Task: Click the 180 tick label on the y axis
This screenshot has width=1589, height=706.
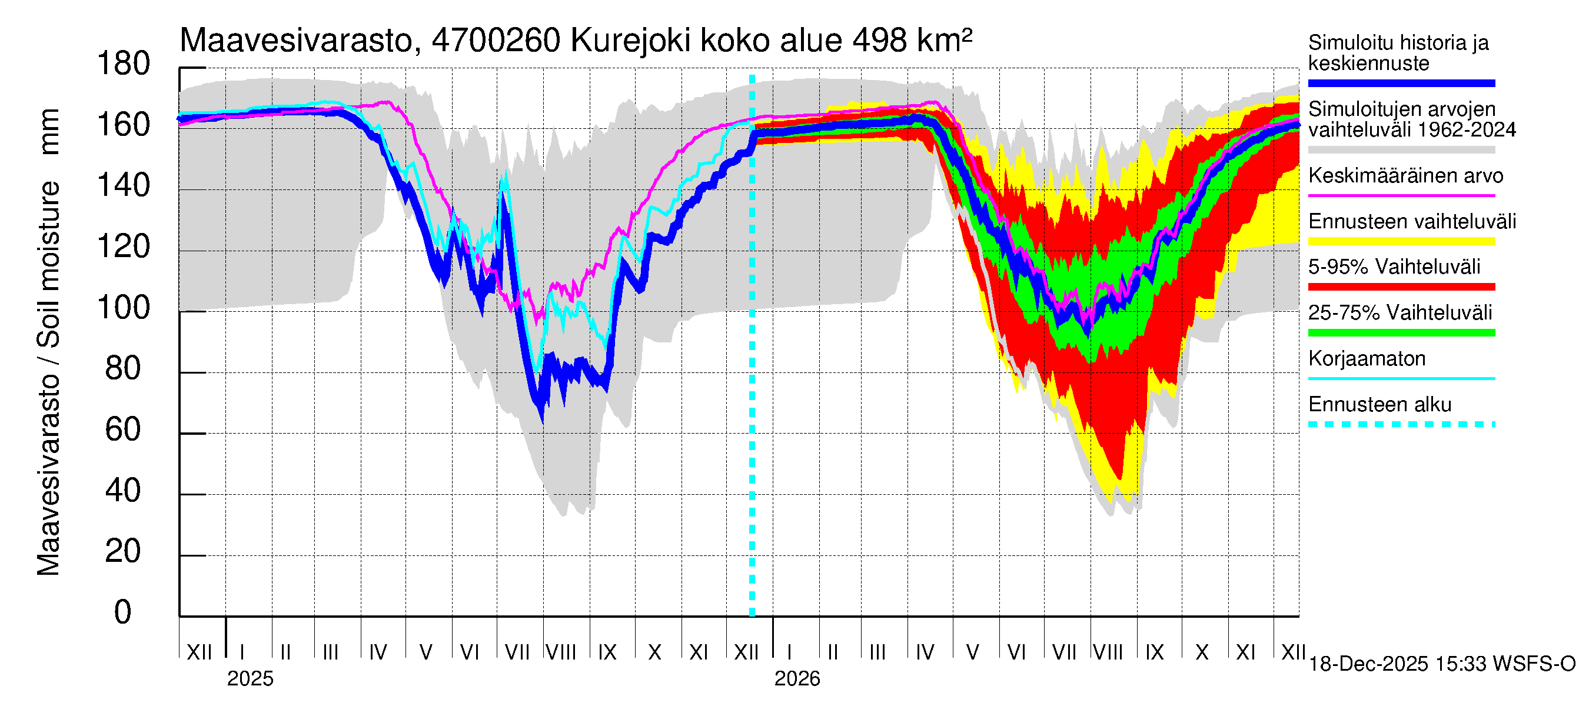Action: point(124,64)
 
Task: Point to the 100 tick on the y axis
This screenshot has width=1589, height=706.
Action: point(124,308)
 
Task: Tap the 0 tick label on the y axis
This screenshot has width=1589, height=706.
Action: point(124,612)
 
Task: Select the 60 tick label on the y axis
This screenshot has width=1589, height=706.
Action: point(124,429)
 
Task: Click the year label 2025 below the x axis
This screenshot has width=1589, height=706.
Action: point(250,679)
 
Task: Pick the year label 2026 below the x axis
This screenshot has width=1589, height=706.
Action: point(797,679)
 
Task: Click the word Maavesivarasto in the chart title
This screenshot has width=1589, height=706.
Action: point(295,41)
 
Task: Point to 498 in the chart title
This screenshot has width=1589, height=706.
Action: point(880,41)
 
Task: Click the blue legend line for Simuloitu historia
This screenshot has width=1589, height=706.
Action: point(1401,83)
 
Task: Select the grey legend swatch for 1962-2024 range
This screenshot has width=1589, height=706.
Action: point(1401,150)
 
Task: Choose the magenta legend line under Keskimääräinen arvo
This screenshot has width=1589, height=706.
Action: point(1401,195)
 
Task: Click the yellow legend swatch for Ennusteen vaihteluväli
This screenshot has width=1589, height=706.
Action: point(1401,241)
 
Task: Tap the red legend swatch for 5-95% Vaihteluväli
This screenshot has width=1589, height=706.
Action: point(1401,287)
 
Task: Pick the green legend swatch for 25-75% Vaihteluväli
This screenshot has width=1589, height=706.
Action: point(1401,333)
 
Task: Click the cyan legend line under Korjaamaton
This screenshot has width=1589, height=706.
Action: point(1401,378)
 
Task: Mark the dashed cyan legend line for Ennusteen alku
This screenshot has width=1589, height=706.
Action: point(1401,424)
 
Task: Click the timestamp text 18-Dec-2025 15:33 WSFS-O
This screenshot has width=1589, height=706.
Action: point(1441,664)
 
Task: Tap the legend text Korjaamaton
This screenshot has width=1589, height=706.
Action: point(1367,359)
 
